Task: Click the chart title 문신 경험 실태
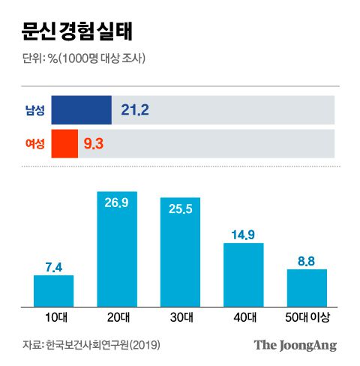pos(73,34)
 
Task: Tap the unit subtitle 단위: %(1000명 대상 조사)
pos(82,59)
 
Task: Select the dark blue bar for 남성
pos(81,110)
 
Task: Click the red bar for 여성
pos(64,142)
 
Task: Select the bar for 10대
pos(53,291)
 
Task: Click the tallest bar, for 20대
pos(117,255)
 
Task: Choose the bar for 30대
pos(180,259)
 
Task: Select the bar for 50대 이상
pos(307,288)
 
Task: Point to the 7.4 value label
pos(53,267)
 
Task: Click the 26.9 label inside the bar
pos(117,202)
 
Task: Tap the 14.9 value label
pos(244,235)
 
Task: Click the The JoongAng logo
pos(295,345)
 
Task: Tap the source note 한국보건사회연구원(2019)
pos(103,346)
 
